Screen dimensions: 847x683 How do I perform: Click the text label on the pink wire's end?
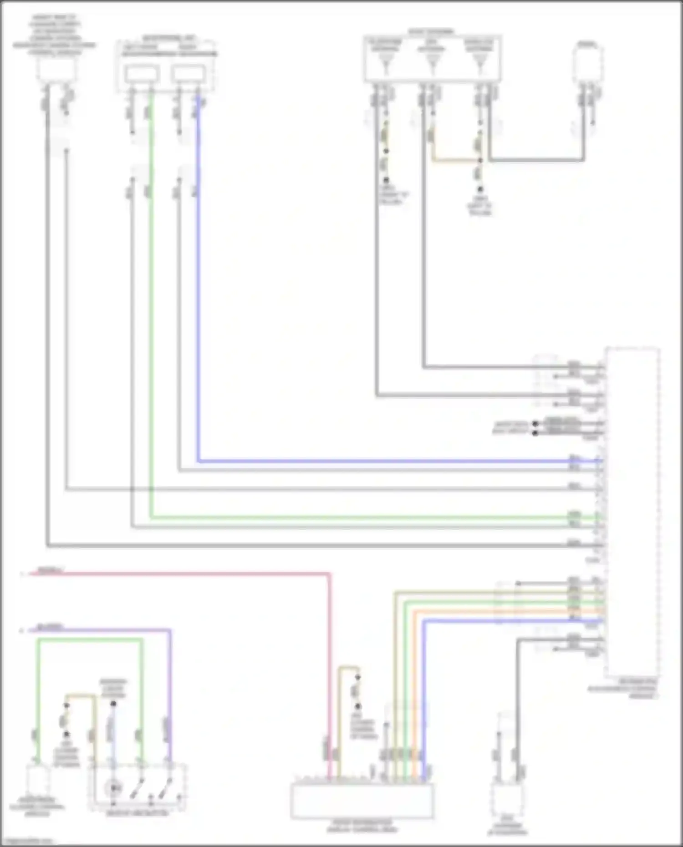coord(50,570)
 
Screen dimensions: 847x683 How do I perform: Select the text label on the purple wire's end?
coord(50,627)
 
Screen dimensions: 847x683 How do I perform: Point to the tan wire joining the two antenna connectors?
coord(455,160)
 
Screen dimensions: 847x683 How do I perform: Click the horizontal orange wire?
coord(501,611)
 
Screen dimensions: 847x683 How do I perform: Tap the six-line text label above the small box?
coord(55,35)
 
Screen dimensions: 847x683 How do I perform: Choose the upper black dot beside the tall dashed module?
coord(535,424)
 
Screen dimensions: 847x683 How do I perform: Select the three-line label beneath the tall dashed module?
coord(622,689)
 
